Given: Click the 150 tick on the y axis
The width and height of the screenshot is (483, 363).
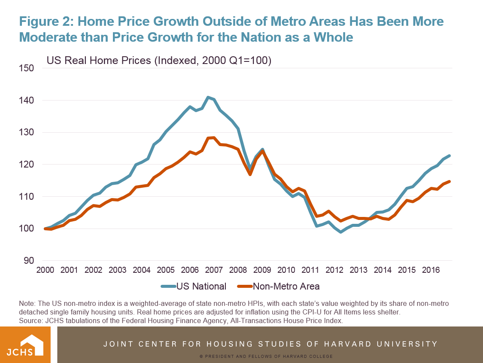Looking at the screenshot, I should (27, 68).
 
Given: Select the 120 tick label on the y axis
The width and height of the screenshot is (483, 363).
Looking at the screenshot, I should (27, 165).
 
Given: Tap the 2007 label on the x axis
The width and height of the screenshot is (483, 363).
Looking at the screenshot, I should (214, 270).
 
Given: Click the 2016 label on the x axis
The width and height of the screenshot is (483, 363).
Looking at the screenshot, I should (431, 270).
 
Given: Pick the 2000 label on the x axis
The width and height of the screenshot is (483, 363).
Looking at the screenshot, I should (45, 270).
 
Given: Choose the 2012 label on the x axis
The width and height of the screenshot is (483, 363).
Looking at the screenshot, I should (334, 270).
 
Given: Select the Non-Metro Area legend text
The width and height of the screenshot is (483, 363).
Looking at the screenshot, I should (286, 286).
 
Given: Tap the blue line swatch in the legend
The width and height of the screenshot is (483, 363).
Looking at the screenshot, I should (169, 286).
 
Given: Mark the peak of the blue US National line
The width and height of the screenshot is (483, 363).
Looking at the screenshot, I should (208, 98).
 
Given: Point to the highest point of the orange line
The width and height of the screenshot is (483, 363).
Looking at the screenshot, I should (213, 137).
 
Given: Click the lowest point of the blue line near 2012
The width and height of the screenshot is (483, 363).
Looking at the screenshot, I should (341, 232).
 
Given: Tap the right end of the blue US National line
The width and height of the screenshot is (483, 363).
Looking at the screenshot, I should (450, 156).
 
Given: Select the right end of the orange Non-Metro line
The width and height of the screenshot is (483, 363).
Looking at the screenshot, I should (450, 181).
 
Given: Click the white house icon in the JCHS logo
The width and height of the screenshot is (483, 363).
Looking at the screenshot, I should (31, 343).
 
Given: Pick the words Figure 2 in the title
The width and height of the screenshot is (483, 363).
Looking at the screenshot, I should (46, 21).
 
